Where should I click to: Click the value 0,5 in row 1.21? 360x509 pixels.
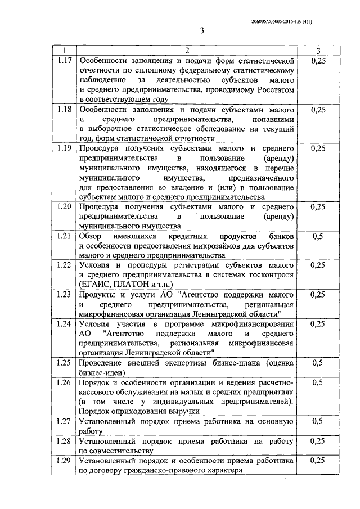coord(317,236)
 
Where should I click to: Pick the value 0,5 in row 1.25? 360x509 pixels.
coord(317,363)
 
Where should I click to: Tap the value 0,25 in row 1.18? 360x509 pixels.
coord(317,110)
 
